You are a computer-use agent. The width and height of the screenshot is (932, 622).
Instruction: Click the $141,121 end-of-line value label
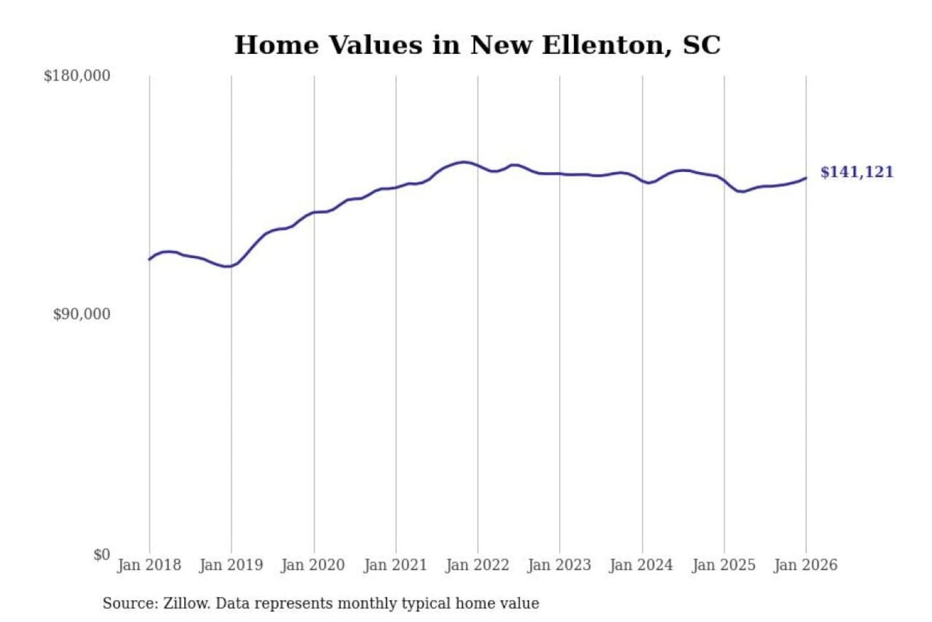coord(856,172)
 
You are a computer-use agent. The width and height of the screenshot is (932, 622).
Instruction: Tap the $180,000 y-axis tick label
coord(77,76)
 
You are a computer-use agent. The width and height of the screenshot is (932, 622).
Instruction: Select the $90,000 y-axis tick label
coord(82,314)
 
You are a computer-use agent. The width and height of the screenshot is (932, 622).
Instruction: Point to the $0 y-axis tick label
coord(102,555)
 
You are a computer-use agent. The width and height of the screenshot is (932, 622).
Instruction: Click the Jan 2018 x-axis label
coord(149,565)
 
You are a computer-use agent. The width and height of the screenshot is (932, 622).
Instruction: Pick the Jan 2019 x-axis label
coord(231,565)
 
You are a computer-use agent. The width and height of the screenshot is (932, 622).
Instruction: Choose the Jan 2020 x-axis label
coord(313,565)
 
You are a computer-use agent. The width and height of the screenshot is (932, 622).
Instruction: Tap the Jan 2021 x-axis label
coord(395,565)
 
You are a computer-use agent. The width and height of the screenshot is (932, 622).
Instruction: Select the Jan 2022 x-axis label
coord(478,565)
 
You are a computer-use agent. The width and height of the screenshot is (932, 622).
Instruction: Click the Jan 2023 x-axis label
coord(559,565)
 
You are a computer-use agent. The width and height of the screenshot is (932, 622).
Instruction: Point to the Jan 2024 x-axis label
coord(641,565)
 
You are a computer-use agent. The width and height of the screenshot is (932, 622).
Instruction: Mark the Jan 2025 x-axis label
coord(724,565)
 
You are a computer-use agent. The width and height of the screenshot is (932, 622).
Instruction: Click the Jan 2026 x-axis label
coord(806,565)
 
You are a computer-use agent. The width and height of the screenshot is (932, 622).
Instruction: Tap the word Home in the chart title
coord(277,45)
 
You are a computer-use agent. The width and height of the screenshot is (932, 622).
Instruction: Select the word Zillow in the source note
coord(186,603)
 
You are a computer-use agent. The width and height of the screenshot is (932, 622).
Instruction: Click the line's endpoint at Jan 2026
coord(806,178)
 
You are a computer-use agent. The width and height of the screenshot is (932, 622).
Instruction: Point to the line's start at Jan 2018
coord(150,259)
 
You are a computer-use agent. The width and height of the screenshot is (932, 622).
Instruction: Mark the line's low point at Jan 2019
coord(228,266)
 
